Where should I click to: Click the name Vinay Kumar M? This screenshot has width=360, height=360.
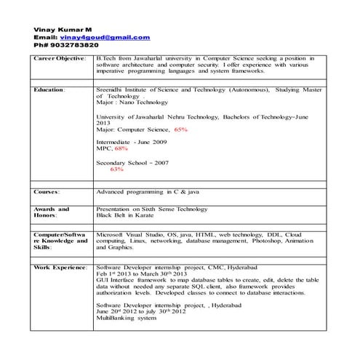[63, 28]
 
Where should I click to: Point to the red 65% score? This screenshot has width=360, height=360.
[180, 129]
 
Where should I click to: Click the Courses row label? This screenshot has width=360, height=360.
[47, 191]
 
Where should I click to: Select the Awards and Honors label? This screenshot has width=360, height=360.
[51, 212]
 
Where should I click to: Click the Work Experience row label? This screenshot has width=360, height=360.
[60, 268]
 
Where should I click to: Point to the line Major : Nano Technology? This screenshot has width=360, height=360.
[132, 103]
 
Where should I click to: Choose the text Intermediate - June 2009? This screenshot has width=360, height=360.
[131, 141]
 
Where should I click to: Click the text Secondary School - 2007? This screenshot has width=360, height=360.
[132, 162]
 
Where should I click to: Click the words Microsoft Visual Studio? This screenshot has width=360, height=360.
[130, 236]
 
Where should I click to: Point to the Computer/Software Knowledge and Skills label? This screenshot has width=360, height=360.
[60, 241]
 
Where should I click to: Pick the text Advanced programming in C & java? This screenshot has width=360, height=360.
[153, 191]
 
